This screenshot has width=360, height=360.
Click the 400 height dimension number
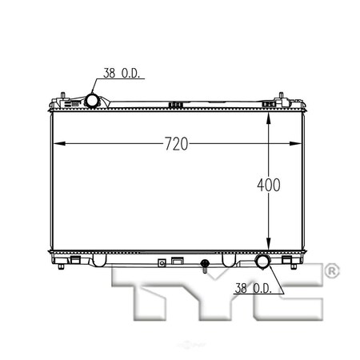(268, 186)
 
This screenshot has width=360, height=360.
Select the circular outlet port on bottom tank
(263, 263)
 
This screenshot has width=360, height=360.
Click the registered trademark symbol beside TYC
(332, 274)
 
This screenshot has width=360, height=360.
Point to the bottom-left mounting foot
(74, 260)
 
